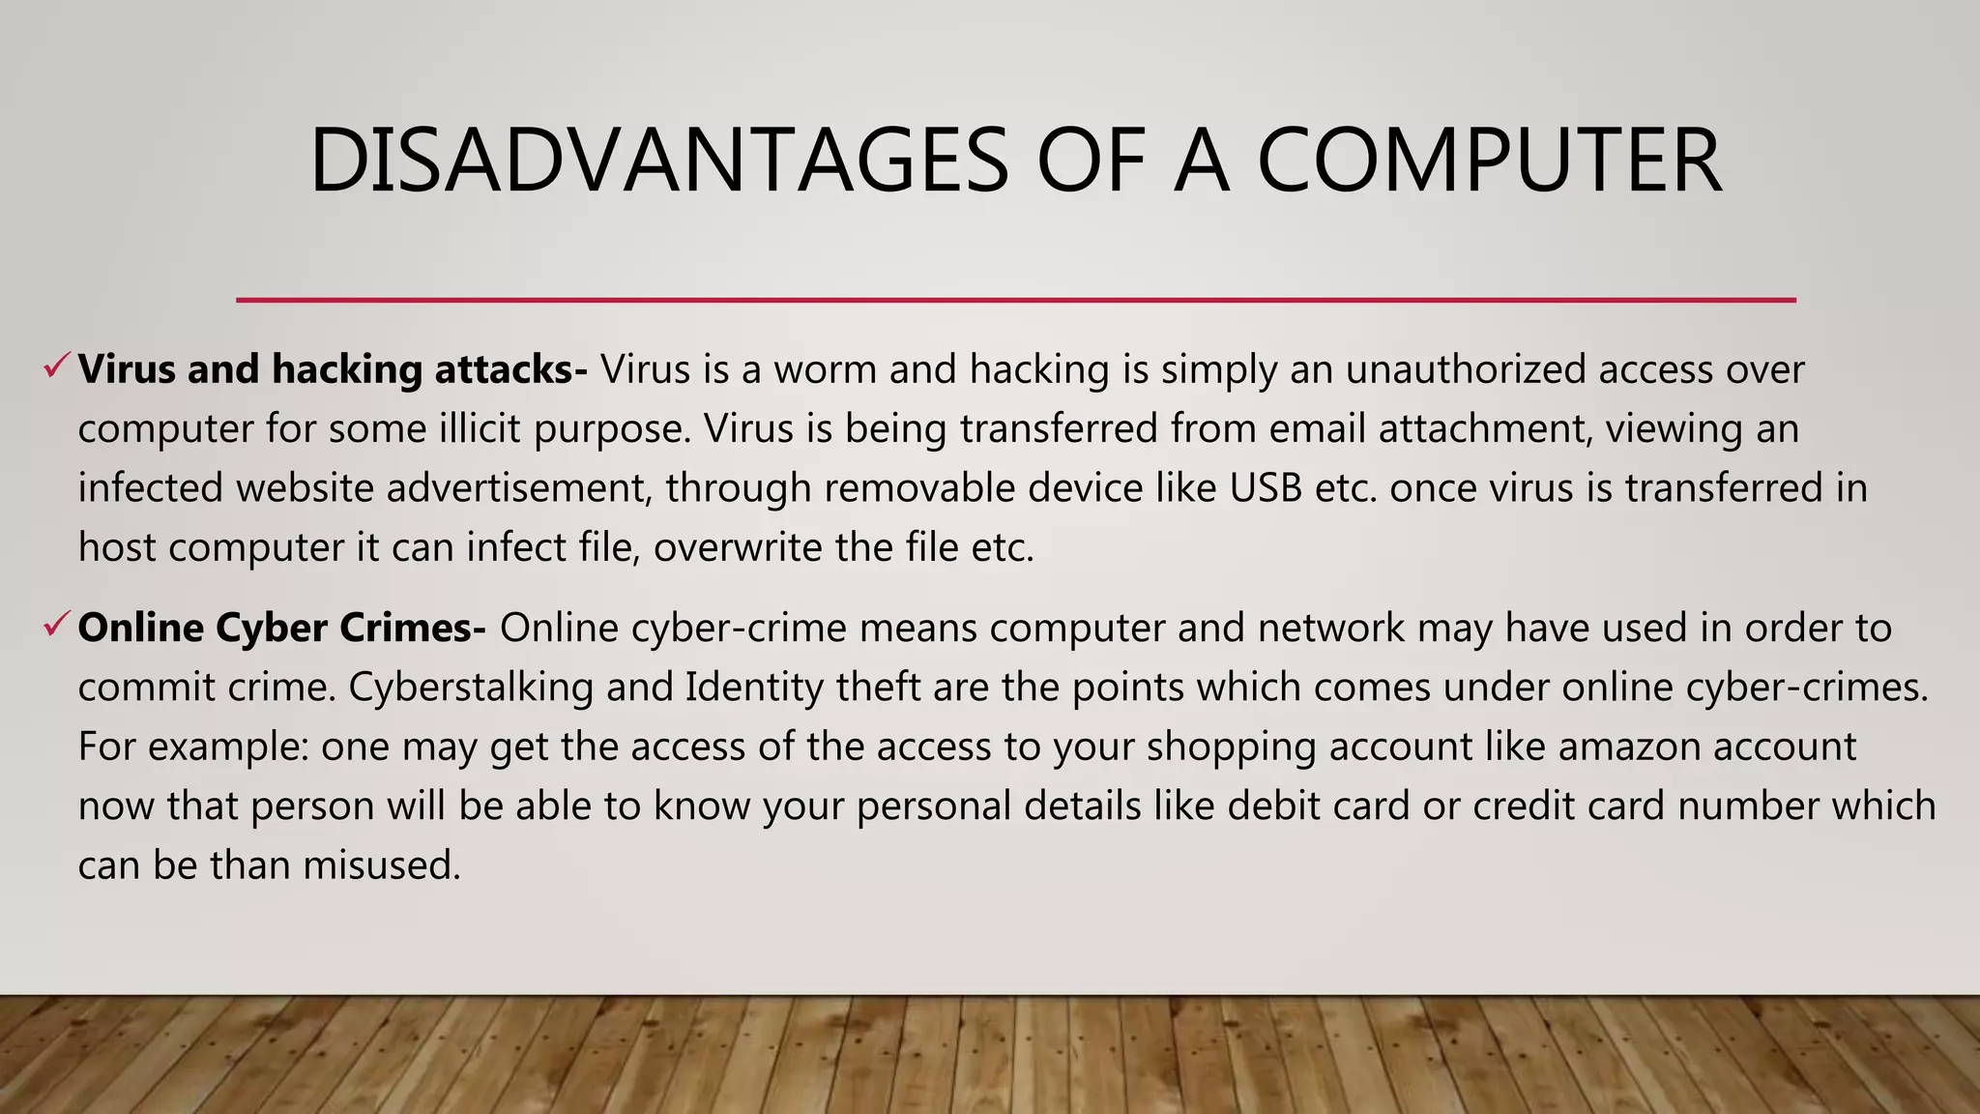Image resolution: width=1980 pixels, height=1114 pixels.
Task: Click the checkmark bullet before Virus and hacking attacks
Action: (x=55, y=366)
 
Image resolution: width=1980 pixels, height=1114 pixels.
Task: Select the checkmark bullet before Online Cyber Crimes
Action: (x=55, y=626)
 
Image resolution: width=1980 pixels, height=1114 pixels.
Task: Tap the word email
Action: (x=1318, y=429)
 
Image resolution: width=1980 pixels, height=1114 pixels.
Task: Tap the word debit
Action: (x=1267, y=806)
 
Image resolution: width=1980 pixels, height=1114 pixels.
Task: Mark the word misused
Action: (x=382, y=865)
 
